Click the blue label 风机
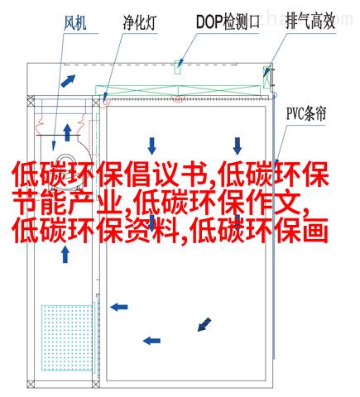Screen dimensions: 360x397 pyautogui.click(x=75, y=23)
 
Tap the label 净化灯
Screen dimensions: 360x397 pyautogui.click(x=140, y=23)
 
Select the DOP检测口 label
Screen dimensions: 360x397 pyautogui.click(x=228, y=22)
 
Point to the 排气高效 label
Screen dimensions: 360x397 pyautogui.click(x=310, y=22)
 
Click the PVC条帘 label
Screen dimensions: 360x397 pyautogui.click(x=306, y=114)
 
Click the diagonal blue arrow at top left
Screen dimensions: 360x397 pyautogui.click(x=68, y=81)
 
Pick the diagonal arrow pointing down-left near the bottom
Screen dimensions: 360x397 pyautogui.click(x=204, y=324)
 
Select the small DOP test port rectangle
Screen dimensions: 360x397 pyautogui.click(x=178, y=67)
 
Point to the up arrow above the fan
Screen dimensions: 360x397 pyautogui.click(x=67, y=132)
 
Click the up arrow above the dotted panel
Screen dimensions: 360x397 pyautogui.click(x=65, y=255)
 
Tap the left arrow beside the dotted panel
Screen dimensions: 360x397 pyautogui.click(x=119, y=307)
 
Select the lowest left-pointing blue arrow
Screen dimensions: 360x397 pyautogui.click(x=151, y=341)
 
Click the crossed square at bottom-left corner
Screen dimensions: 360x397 pyautogui.click(x=31, y=384)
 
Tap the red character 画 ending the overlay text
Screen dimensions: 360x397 pyautogui.click(x=316, y=230)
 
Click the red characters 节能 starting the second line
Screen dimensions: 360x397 pyautogui.click(x=39, y=203)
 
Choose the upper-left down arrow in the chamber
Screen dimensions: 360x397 pyautogui.click(x=151, y=146)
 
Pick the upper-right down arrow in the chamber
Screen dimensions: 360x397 pyautogui.click(x=238, y=146)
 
